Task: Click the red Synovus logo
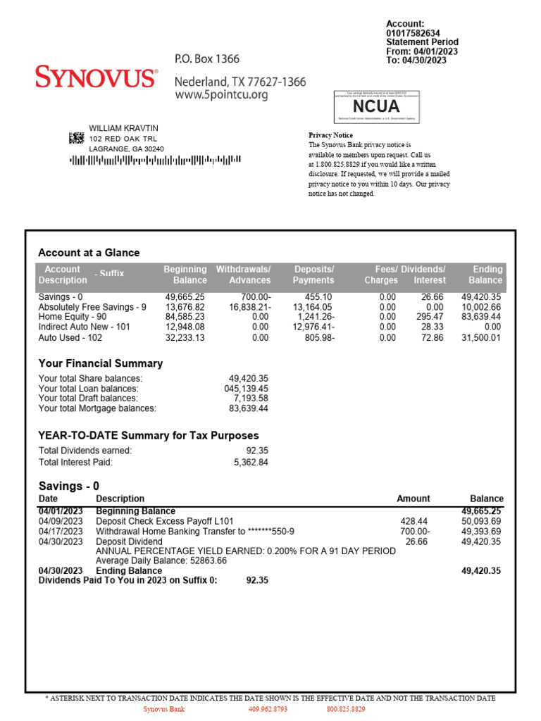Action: point(96,77)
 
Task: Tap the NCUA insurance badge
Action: point(376,107)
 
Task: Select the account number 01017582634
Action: point(413,33)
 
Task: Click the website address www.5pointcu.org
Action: point(221,95)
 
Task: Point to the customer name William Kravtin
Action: point(123,128)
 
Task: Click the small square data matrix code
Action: point(76,138)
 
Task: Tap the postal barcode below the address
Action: point(155,160)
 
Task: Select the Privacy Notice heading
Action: point(330,134)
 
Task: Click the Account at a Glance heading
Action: point(89,253)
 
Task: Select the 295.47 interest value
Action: point(430,317)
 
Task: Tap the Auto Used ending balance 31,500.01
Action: point(481,338)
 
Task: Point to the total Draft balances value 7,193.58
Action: point(248,399)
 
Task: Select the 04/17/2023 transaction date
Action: point(61,532)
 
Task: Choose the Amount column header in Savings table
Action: point(413,499)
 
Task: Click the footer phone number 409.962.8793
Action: point(268,709)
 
